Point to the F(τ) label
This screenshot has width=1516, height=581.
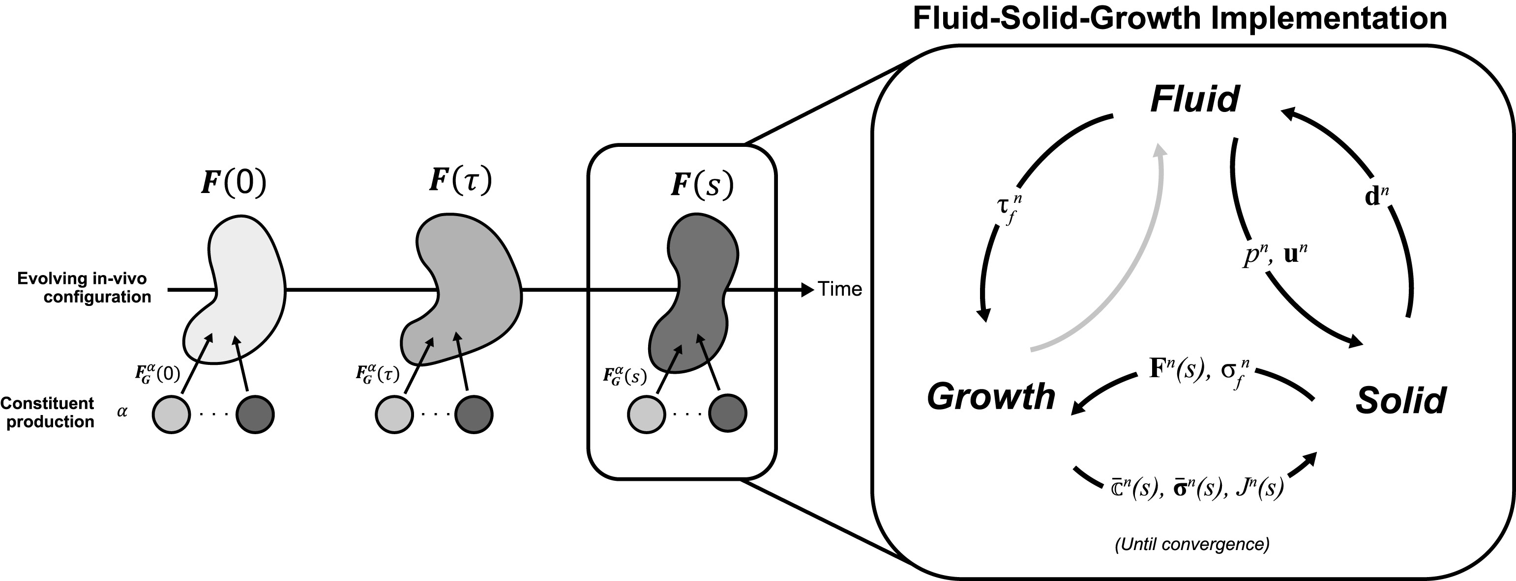pos(460,180)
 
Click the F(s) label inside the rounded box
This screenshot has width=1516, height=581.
pos(702,185)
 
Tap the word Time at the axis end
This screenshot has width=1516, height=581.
pos(840,289)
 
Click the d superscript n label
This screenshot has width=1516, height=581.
pos(1376,196)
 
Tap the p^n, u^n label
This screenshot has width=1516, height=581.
pos(1275,256)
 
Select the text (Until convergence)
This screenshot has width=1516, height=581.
pos(1192,544)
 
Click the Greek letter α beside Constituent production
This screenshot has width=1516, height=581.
pos(122,412)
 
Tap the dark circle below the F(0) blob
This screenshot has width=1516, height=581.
pos(255,415)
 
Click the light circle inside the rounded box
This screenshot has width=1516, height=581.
pos(646,415)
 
